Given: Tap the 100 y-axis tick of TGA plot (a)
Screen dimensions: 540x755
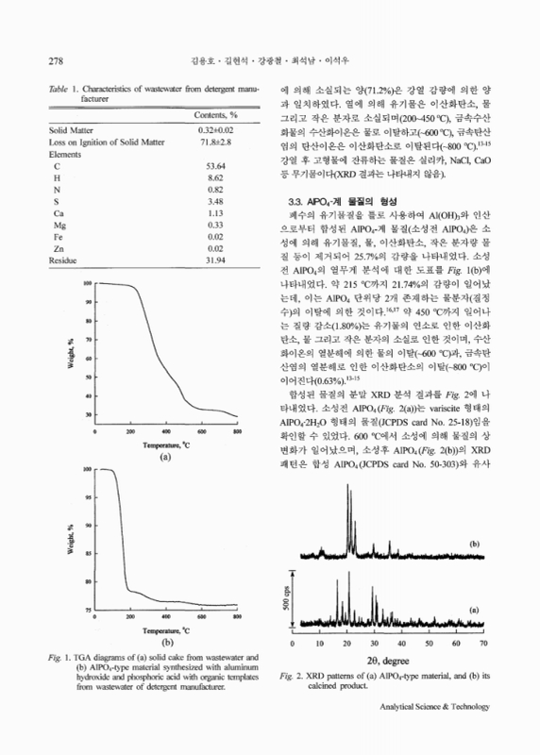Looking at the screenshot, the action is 85,283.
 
